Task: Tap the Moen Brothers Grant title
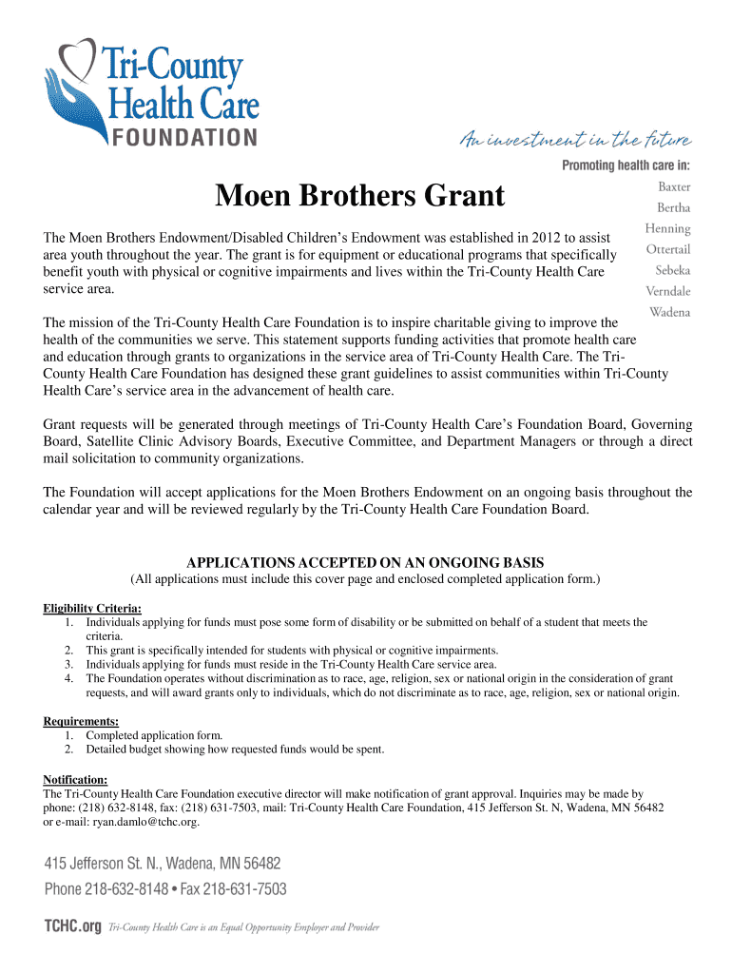[359, 196]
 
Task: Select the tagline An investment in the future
[576, 140]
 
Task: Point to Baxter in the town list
[674, 186]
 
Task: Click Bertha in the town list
[674, 207]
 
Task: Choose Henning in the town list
[667, 228]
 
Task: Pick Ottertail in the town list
[667, 249]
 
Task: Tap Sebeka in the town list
[673, 270]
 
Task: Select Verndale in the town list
[667, 291]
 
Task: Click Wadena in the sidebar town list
[669, 312]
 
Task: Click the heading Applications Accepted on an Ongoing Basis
[365, 561]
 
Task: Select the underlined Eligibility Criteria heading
[93, 609]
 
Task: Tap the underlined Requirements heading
[82, 721]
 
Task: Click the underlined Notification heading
[75, 780]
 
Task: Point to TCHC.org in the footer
[72, 926]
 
